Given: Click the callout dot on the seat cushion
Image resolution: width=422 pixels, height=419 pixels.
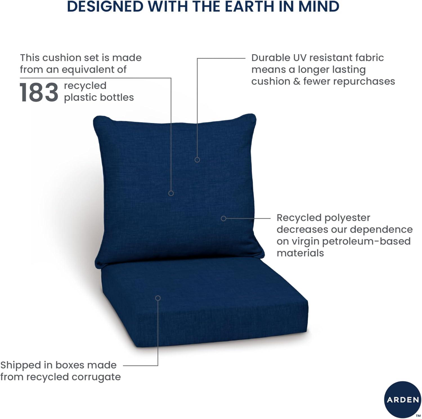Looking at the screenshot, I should pyautogui.click(x=158, y=298).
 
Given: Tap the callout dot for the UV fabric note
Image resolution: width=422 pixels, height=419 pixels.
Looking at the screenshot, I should pyautogui.click(x=197, y=160).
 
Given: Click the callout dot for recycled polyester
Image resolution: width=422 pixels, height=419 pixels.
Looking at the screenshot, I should pyautogui.click(x=223, y=218).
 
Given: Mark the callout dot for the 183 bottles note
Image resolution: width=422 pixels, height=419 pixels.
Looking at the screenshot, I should pyautogui.click(x=171, y=193).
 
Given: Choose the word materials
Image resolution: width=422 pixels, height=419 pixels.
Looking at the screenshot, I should pyautogui.click(x=300, y=253).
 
